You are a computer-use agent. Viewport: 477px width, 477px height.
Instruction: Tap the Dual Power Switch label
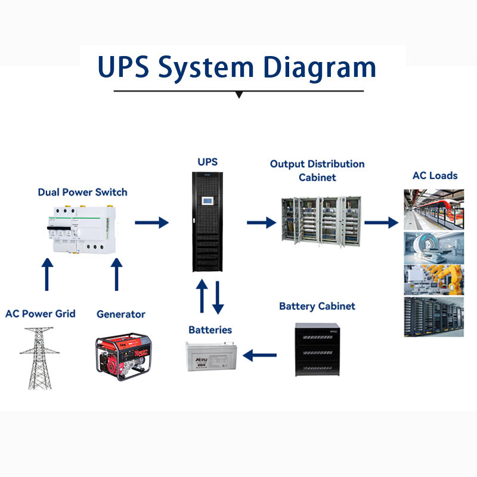click(x=82, y=192)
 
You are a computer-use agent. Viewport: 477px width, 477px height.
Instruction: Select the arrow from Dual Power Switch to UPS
click(x=151, y=222)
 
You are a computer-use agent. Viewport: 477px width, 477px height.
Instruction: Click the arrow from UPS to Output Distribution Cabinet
click(x=261, y=222)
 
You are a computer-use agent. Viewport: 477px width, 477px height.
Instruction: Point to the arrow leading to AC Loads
click(x=381, y=222)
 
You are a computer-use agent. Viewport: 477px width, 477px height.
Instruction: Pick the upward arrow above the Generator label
click(x=117, y=275)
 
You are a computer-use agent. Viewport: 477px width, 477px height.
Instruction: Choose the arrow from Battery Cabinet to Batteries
click(x=260, y=356)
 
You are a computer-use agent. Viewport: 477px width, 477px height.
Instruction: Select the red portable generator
click(x=124, y=356)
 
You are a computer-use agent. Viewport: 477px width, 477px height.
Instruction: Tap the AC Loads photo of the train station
click(x=434, y=209)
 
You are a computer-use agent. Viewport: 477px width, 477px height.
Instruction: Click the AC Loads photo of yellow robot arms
click(x=434, y=278)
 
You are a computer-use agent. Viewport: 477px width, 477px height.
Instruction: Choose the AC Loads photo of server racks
click(x=434, y=316)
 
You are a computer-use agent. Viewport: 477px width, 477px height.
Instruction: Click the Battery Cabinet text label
click(x=317, y=306)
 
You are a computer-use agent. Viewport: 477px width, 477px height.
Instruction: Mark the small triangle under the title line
click(x=238, y=94)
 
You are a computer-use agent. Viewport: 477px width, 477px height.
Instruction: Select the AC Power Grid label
click(x=41, y=314)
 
